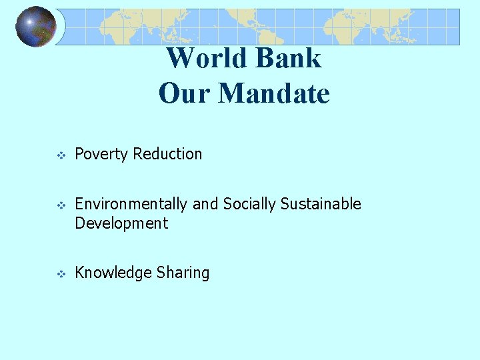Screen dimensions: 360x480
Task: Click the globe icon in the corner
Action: pos(36,27)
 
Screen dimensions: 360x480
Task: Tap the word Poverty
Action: pos(101,154)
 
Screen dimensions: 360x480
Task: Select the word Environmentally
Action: pos(131,204)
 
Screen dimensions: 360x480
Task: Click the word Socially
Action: pos(250,204)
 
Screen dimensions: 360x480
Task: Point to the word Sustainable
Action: pos(321,204)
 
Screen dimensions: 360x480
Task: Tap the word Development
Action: pos(121,223)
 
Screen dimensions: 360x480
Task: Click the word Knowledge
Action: pos(113,273)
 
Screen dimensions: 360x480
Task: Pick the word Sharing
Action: pos(183,273)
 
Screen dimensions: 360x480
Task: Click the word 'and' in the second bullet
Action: pos(205,204)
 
